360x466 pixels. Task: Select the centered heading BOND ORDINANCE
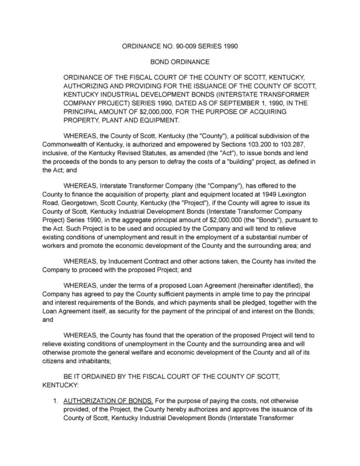point(180,61)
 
